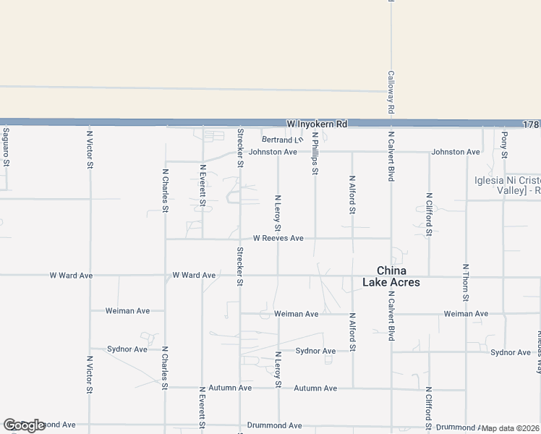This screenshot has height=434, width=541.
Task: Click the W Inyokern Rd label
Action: (317, 124)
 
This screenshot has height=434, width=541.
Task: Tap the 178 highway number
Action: (531, 124)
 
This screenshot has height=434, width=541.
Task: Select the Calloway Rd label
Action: (391, 92)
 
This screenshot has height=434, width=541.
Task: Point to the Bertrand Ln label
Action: (282, 140)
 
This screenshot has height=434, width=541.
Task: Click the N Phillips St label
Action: (315, 153)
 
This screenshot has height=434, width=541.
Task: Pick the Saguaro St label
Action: (6, 147)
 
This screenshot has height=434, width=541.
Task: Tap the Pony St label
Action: (505, 145)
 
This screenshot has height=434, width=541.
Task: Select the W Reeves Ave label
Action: (278, 238)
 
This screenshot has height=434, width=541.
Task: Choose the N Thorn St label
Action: (466, 283)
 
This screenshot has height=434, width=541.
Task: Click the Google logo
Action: (24, 425)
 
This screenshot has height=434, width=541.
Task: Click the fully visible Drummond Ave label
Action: (274, 425)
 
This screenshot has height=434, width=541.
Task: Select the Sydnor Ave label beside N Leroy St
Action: (315, 351)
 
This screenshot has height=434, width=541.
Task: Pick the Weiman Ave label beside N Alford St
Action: (297, 314)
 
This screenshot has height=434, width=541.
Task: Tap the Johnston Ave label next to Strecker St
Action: (273, 152)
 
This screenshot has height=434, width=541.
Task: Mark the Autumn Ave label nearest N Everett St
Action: (230, 388)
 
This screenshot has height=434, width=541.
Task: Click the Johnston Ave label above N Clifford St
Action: (456, 152)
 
